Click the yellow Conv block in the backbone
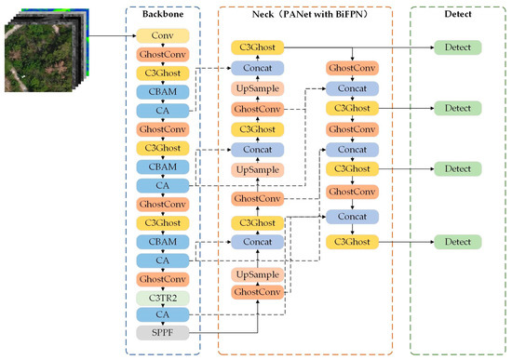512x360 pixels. tap(164, 36)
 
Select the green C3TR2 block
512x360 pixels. tap(164, 297)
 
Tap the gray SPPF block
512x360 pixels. tap(164, 332)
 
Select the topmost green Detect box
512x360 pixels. tap(457, 47)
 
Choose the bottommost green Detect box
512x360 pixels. tap(457, 242)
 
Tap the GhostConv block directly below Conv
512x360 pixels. tap(164, 55)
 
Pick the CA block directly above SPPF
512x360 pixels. tap(164, 315)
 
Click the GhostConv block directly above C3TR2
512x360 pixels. tap(164, 278)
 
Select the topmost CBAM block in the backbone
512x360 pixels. tap(164, 91)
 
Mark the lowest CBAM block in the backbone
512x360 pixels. tap(164, 241)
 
